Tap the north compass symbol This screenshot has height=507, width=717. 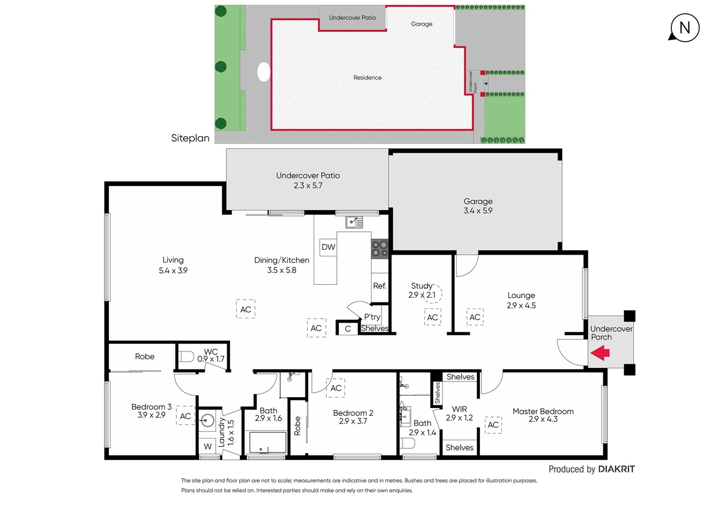coord(684,28)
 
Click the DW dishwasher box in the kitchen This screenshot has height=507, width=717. coord(328,247)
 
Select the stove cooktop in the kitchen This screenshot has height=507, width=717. coord(380,249)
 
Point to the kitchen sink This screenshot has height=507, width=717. coord(354,222)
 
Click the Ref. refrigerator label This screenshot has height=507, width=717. coord(380,285)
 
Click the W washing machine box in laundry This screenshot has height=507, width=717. coord(207,446)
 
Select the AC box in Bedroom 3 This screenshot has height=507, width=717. coord(185,416)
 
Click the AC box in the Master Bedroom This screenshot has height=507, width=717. coord(493,425)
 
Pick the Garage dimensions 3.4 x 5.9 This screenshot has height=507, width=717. coord(478,211)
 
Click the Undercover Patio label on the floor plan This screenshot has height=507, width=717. coord(308,176)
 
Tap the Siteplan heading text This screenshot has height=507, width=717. coord(190,138)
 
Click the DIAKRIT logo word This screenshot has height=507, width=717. coord(616,469)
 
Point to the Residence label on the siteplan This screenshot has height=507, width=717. coord(367,77)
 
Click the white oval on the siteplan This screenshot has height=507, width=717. coord(264,72)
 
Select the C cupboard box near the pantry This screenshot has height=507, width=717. coord(348,329)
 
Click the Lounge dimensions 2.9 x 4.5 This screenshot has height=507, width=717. coord(521,306)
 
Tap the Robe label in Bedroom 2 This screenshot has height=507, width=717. coord(297,426)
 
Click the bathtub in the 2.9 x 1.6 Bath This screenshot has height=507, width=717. coord(267,443)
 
